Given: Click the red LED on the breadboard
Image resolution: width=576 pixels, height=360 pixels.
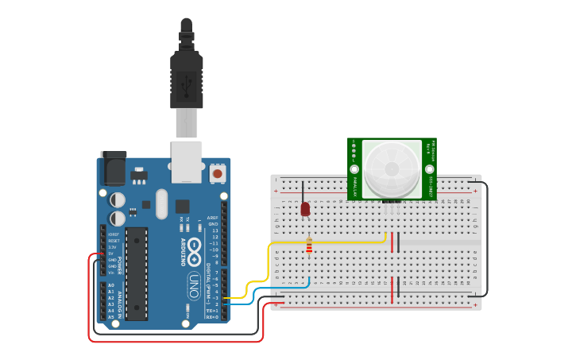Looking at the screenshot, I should [305, 208].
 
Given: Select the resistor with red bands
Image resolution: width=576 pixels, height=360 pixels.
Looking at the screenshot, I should [309, 248].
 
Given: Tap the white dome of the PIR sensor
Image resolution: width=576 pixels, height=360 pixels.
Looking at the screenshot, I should [392, 167].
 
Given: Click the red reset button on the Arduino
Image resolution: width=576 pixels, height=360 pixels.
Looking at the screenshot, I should [218, 172].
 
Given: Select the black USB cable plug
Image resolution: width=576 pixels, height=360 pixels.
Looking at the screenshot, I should [187, 79].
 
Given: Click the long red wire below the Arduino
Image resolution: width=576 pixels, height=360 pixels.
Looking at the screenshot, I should [175, 341].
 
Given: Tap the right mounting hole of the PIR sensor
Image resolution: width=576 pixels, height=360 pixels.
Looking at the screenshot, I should [430, 168].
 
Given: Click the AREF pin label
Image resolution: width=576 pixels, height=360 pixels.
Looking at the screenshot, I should [212, 218].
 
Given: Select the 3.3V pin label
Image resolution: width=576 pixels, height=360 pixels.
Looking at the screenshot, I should [113, 247].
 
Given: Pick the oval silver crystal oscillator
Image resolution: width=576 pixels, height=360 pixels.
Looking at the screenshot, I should [162, 203].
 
